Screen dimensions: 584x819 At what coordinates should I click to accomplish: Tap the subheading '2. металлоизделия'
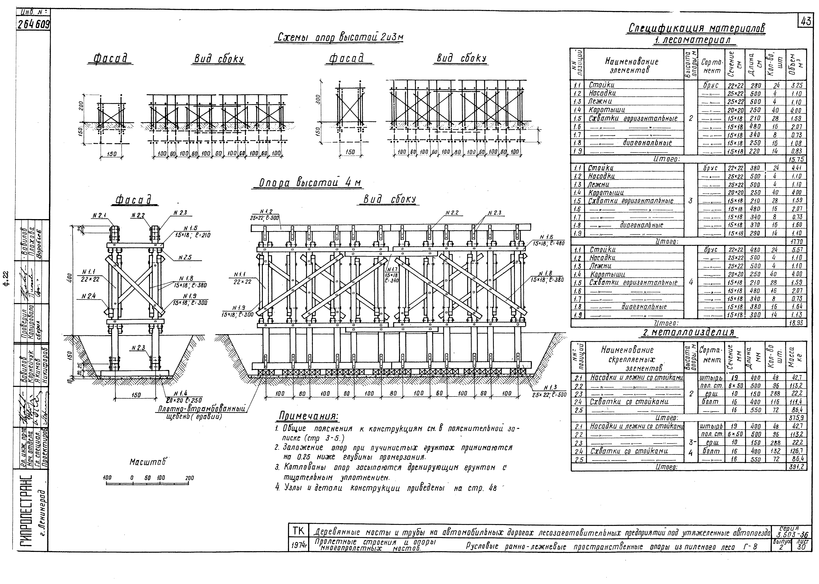click(x=690, y=333)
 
